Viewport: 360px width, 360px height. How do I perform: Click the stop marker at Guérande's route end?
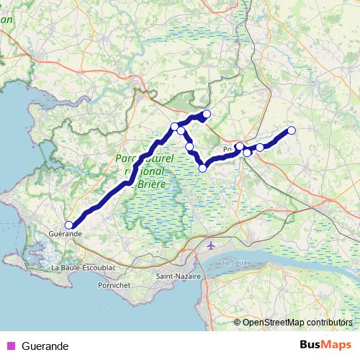[68, 225]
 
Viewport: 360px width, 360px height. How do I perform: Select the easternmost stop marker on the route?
[292, 130]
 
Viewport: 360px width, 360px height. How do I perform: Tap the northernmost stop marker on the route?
[207, 114]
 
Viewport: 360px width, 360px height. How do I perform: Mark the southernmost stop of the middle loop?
[203, 168]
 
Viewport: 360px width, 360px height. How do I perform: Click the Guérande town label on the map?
[65, 234]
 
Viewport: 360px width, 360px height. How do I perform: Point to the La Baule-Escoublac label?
[83, 267]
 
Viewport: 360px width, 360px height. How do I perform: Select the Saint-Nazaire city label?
[178, 276]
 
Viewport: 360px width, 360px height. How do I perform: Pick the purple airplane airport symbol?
[210, 246]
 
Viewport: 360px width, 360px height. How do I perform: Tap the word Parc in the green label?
[127, 158]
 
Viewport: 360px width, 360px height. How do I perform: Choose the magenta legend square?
[10, 346]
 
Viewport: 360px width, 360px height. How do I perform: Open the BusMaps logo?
[324, 346]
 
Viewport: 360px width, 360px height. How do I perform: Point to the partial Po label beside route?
[228, 149]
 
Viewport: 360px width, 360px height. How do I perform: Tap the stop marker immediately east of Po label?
[239, 147]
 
